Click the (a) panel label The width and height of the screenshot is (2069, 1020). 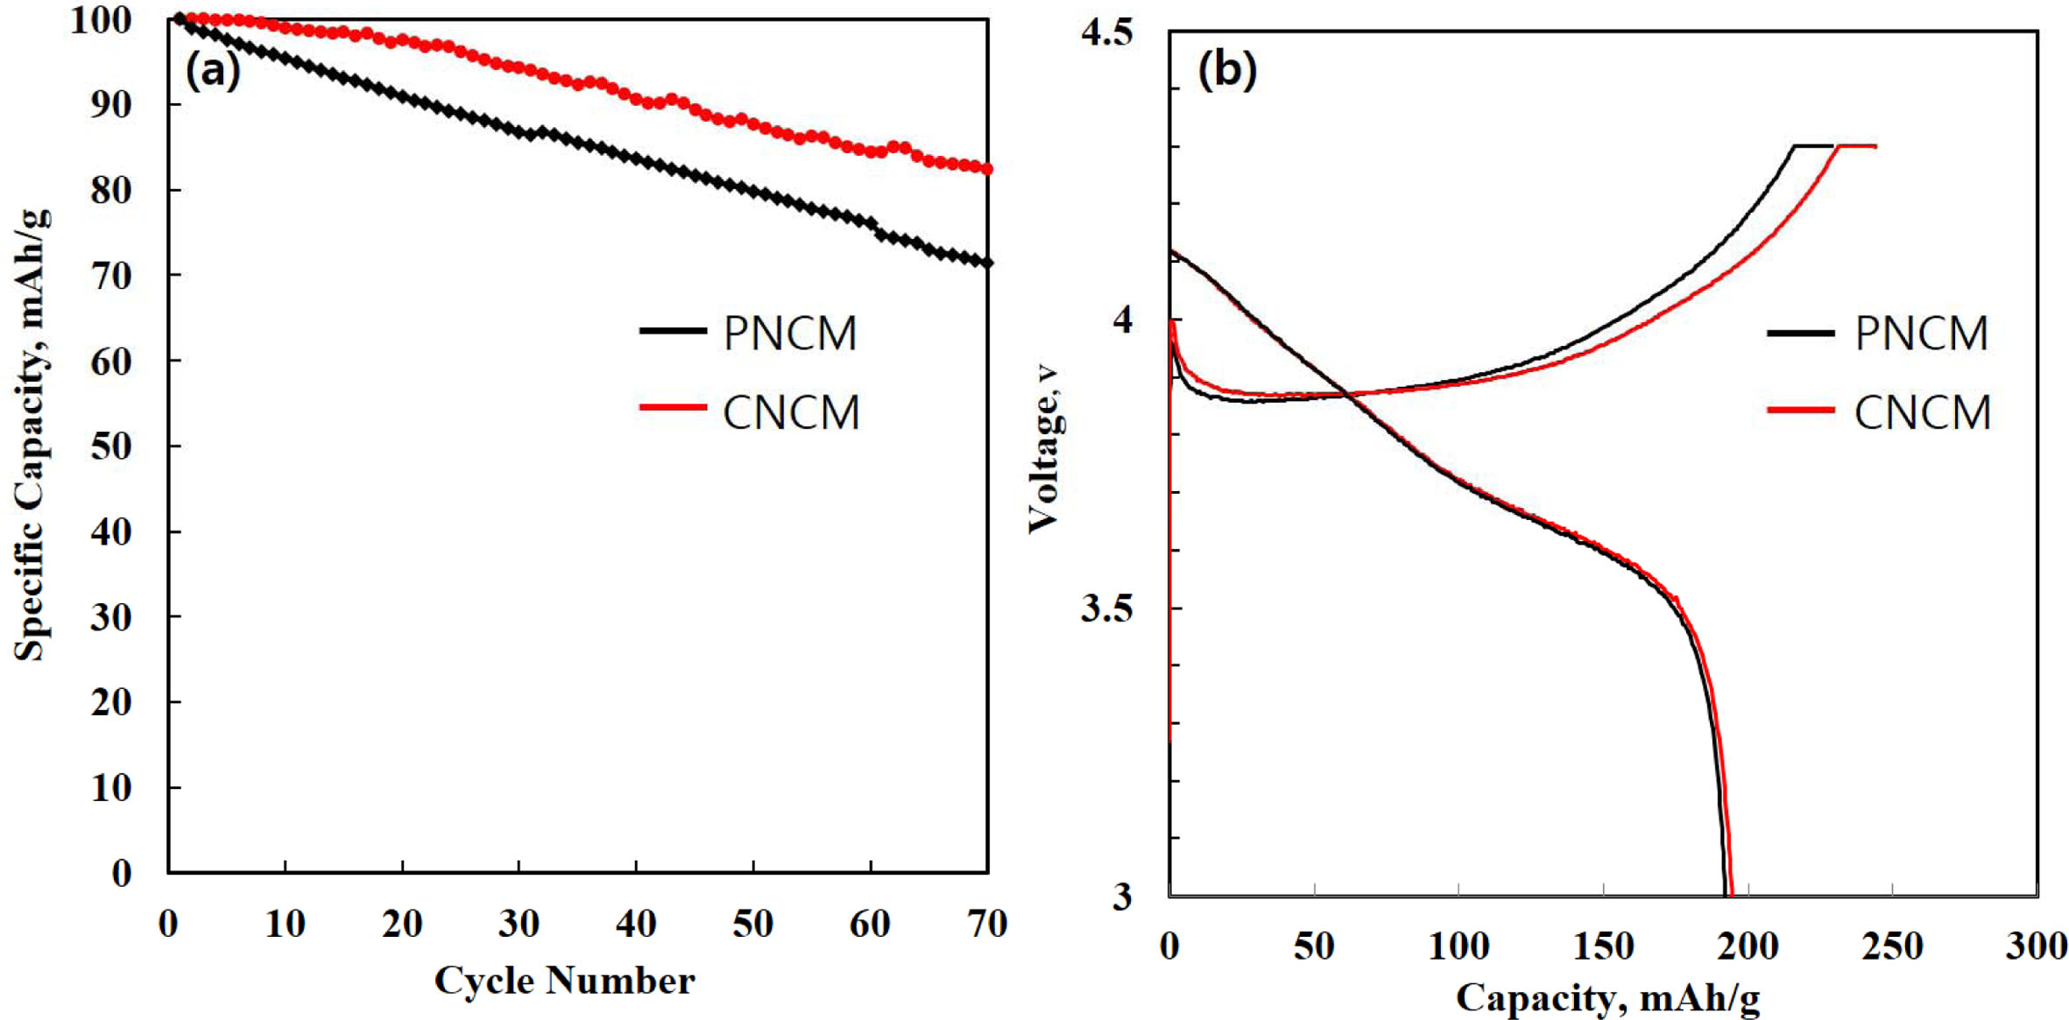click(x=213, y=70)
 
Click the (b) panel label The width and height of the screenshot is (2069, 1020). click(x=1226, y=70)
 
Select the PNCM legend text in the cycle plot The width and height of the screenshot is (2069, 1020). click(x=790, y=334)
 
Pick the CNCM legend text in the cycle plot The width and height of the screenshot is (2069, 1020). click(x=791, y=412)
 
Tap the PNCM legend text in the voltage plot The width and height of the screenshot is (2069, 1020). click(x=1921, y=334)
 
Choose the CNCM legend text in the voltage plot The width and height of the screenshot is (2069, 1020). click(x=1922, y=412)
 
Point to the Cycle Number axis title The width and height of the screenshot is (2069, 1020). click(x=565, y=981)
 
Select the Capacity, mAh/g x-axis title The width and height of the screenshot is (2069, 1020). click(x=1607, y=998)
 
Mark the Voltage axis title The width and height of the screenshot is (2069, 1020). click(x=1044, y=448)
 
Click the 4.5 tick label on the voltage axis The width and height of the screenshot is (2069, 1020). click(x=1106, y=32)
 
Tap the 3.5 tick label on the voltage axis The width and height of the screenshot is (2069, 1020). click(x=1106, y=608)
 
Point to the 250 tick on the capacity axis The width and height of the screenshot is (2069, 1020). click(x=1892, y=946)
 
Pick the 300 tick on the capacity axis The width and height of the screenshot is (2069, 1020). click(x=2036, y=946)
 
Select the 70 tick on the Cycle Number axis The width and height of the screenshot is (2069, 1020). click(x=987, y=924)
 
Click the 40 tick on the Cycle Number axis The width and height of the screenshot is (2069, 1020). click(x=636, y=924)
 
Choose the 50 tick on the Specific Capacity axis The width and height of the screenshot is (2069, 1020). click(x=111, y=447)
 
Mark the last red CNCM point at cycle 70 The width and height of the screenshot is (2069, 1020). click(x=987, y=169)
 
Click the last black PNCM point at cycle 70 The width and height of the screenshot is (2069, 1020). click(x=987, y=263)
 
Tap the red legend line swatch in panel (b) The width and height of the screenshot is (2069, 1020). click(x=1800, y=410)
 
